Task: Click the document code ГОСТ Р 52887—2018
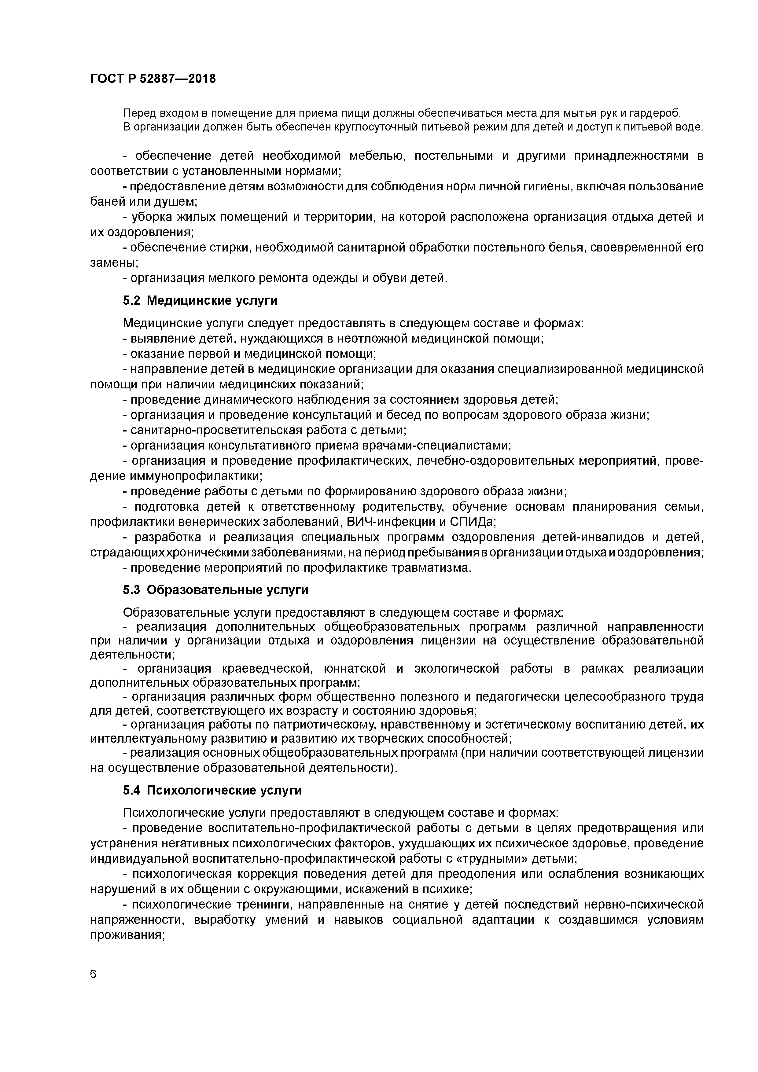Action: point(153,79)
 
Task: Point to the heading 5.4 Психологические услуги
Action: point(212,791)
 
